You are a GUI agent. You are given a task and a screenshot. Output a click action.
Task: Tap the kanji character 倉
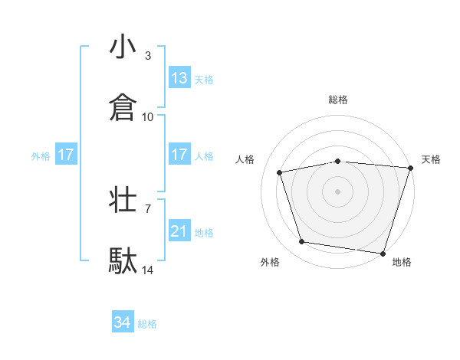pyautogui.click(x=123, y=107)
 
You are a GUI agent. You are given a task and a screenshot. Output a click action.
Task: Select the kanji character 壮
pyautogui.click(x=123, y=201)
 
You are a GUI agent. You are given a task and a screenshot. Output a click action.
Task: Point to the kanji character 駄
pyautogui.click(x=123, y=261)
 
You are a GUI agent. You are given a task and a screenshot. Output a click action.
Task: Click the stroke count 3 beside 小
pyautogui.click(x=148, y=56)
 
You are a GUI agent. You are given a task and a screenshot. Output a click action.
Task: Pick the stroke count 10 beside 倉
pyautogui.click(x=148, y=116)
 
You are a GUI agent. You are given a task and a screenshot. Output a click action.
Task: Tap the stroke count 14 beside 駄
pyautogui.click(x=148, y=270)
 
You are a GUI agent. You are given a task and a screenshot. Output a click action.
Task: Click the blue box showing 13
pyautogui.click(x=179, y=78)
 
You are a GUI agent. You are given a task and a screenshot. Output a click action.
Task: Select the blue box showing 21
pyautogui.click(x=179, y=231)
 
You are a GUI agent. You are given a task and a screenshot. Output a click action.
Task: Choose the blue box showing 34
pyautogui.click(x=123, y=323)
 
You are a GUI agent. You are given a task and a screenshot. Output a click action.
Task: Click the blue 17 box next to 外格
pyautogui.click(x=66, y=155)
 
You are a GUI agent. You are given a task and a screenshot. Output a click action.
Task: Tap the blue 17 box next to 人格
pyautogui.click(x=179, y=155)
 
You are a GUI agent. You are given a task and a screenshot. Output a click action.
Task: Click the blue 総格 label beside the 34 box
pyautogui.click(x=147, y=324)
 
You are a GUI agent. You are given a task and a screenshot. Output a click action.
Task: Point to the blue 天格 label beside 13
pyautogui.click(x=204, y=79)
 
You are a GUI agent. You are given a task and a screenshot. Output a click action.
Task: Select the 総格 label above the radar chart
pyautogui.click(x=338, y=100)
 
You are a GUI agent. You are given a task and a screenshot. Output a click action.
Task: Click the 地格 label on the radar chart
pyautogui.click(x=402, y=262)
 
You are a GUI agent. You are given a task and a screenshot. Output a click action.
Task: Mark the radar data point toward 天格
pyautogui.click(x=409, y=168)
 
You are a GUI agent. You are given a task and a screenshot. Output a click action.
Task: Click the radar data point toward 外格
pyautogui.click(x=302, y=242)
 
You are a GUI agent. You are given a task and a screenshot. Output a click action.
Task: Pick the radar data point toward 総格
pyautogui.click(x=338, y=161)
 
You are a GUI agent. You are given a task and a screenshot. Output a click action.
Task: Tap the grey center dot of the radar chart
pyautogui.click(x=338, y=191)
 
